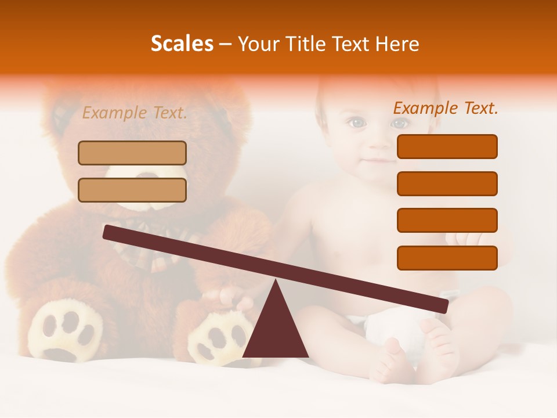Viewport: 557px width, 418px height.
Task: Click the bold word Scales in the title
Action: tap(182, 44)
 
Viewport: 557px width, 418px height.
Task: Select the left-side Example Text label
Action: tap(135, 113)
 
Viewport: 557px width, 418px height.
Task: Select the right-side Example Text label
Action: tap(446, 108)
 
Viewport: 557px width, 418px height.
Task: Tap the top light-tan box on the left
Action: tap(132, 153)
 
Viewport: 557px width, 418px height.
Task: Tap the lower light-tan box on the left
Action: tap(132, 190)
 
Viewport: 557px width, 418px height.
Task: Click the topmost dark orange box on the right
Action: tap(447, 146)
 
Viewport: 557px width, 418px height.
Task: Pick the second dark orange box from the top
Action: tap(447, 183)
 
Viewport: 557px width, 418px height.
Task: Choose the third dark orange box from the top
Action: tap(447, 220)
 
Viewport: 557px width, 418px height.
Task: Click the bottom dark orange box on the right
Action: tap(447, 258)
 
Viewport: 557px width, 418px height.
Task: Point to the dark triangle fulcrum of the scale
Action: tap(276, 331)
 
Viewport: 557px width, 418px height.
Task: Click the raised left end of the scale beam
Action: tap(110, 232)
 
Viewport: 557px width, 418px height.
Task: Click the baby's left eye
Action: tap(356, 122)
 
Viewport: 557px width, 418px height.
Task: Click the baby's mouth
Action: tap(378, 159)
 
